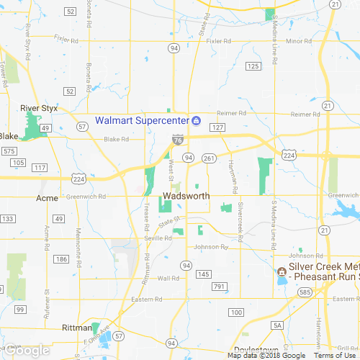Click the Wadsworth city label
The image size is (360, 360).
(x=186, y=196)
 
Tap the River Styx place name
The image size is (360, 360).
(x=39, y=108)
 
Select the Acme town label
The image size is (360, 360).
(x=46, y=197)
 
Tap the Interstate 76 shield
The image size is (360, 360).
(x=177, y=139)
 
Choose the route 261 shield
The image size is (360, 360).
(x=209, y=158)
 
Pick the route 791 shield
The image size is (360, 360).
(x=220, y=287)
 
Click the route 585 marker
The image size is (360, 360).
(x=306, y=292)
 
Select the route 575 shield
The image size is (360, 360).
(x=9, y=151)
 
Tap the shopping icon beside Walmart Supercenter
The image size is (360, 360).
(x=195, y=120)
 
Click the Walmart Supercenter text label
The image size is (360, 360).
(x=142, y=120)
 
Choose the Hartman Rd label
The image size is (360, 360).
(x=234, y=178)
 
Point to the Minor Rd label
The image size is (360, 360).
(x=298, y=41)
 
